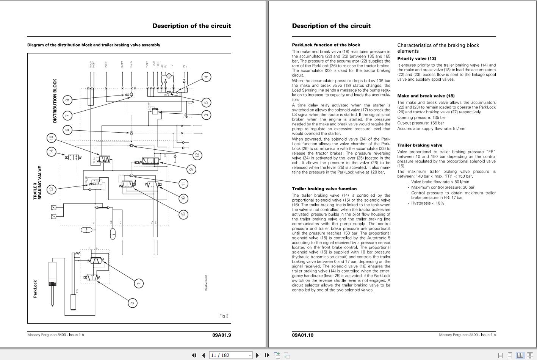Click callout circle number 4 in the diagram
(x=206, y=77)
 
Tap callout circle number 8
(x=67, y=100)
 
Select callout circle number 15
(x=183, y=214)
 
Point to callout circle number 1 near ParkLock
(x=139, y=283)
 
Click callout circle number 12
(x=197, y=155)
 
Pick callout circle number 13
(x=51, y=189)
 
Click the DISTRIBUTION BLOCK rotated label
(x=55, y=101)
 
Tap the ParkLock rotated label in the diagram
(x=35, y=289)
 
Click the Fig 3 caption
(x=224, y=316)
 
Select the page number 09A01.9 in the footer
(x=221, y=335)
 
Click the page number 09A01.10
(x=302, y=335)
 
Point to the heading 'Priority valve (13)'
(x=416, y=58)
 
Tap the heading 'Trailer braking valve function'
(x=324, y=189)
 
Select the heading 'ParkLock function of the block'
(x=326, y=45)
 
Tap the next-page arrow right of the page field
(x=257, y=355)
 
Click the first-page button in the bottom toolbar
(x=194, y=355)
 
